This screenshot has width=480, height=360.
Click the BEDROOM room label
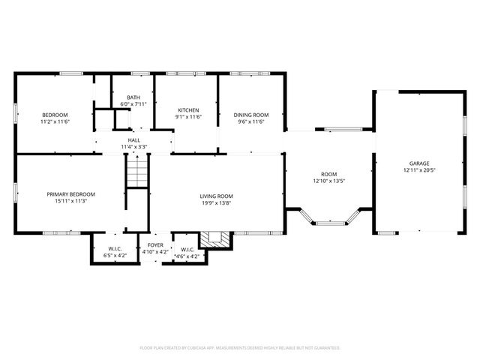[55, 114]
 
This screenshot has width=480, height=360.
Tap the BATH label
[133, 97]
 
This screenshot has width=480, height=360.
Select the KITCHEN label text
[187, 109]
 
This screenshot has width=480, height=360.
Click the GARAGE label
[418, 163]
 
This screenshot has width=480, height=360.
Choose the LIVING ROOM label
[216, 196]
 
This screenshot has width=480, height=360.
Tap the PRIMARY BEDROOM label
[70, 194]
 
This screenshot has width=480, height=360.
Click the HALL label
[133, 140]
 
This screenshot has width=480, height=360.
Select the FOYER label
[155, 245]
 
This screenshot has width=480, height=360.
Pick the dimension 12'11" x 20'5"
[418, 170]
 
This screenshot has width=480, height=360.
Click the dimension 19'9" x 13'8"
[216, 202]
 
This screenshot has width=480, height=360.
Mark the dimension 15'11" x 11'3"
[70, 201]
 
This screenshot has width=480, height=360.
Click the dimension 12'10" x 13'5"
[328, 181]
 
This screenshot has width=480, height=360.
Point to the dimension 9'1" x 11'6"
[187, 116]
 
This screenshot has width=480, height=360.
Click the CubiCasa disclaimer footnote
[240, 348]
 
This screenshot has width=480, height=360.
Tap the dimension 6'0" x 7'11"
[133, 104]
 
